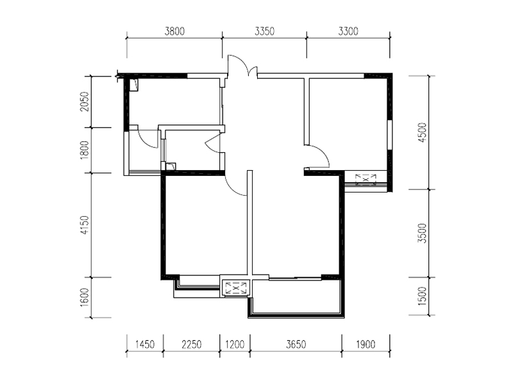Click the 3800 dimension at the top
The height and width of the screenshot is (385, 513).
(x=174, y=31)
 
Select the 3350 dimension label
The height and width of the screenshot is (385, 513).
(x=265, y=31)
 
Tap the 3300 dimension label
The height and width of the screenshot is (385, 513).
(x=348, y=31)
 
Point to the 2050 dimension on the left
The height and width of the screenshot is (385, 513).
(x=85, y=101)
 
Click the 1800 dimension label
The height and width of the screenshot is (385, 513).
(x=85, y=150)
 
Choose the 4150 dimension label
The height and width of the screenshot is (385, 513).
(x=85, y=225)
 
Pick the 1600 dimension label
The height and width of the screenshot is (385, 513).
(x=85, y=297)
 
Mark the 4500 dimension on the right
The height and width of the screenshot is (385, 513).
(x=423, y=132)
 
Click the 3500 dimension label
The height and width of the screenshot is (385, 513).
(x=423, y=233)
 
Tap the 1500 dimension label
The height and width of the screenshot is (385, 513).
(x=423, y=296)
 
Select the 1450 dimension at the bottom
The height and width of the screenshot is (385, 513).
(x=145, y=345)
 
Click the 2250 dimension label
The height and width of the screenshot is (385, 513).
(x=191, y=345)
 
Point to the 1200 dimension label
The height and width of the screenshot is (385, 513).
(x=235, y=345)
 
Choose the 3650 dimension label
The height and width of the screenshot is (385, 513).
(x=296, y=345)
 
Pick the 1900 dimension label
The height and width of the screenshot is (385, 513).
(x=366, y=345)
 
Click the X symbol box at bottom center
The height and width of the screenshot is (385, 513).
(x=236, y=288)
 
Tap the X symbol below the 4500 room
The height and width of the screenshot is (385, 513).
(x=366, y=180)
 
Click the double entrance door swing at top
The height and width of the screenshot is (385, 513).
(x=242, y=65)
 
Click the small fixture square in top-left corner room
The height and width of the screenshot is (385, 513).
(x=134, y=85)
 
